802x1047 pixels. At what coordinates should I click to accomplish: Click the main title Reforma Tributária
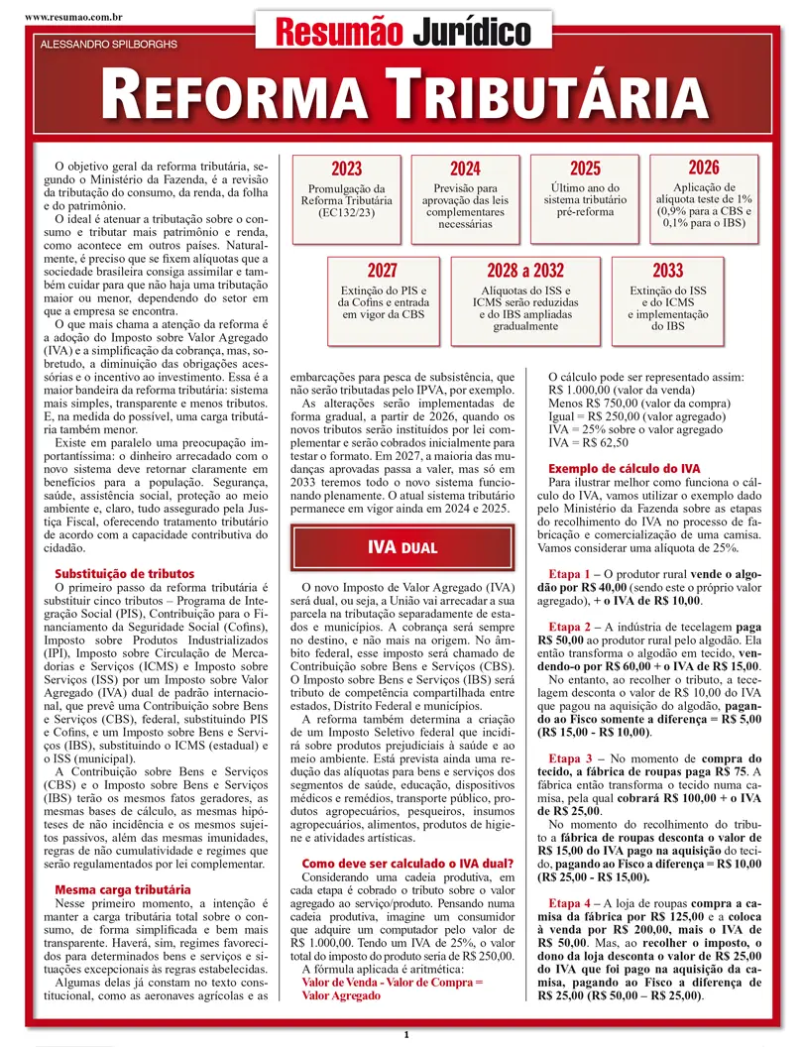401,96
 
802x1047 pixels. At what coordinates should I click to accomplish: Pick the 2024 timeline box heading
465,170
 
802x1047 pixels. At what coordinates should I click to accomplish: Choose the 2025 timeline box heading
585,170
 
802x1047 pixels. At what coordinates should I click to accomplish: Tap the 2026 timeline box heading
703,168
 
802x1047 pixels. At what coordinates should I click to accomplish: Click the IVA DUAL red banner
401,547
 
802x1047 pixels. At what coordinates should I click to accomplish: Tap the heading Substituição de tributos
124,574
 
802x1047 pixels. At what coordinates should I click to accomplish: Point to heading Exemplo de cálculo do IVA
625,467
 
